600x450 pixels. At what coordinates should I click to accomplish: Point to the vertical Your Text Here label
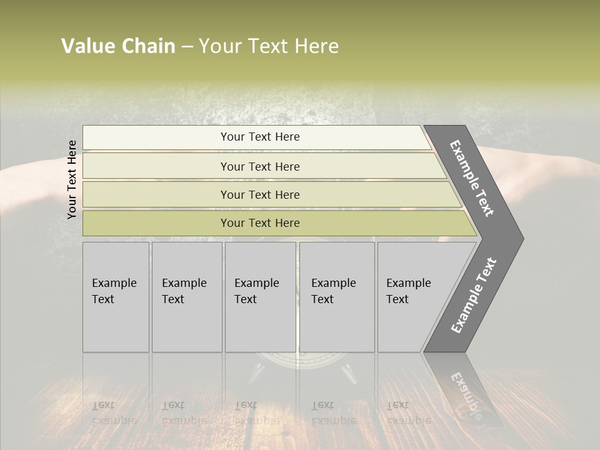point(72,179)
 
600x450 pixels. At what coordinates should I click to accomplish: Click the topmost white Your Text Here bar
point(259,137)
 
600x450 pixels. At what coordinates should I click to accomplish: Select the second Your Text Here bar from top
point(259,166)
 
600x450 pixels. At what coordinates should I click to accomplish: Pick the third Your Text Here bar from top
point(259,194)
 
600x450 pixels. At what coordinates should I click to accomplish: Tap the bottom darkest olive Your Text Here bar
point(259,223)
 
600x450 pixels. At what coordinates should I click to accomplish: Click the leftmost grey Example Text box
point(116,297)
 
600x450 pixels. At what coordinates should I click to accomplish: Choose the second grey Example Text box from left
point(186,297)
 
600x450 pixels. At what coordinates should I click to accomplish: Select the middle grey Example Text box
point(260,297)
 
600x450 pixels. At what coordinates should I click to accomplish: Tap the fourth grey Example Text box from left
point(336,297)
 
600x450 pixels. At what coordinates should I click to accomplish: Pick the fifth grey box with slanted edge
point(412,297)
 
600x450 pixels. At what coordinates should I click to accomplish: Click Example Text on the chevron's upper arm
point(472,178)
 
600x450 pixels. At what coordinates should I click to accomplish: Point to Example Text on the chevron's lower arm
point(474,295)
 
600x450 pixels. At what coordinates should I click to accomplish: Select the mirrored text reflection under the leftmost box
point(114,413)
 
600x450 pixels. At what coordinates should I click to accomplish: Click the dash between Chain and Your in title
point(187,47)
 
